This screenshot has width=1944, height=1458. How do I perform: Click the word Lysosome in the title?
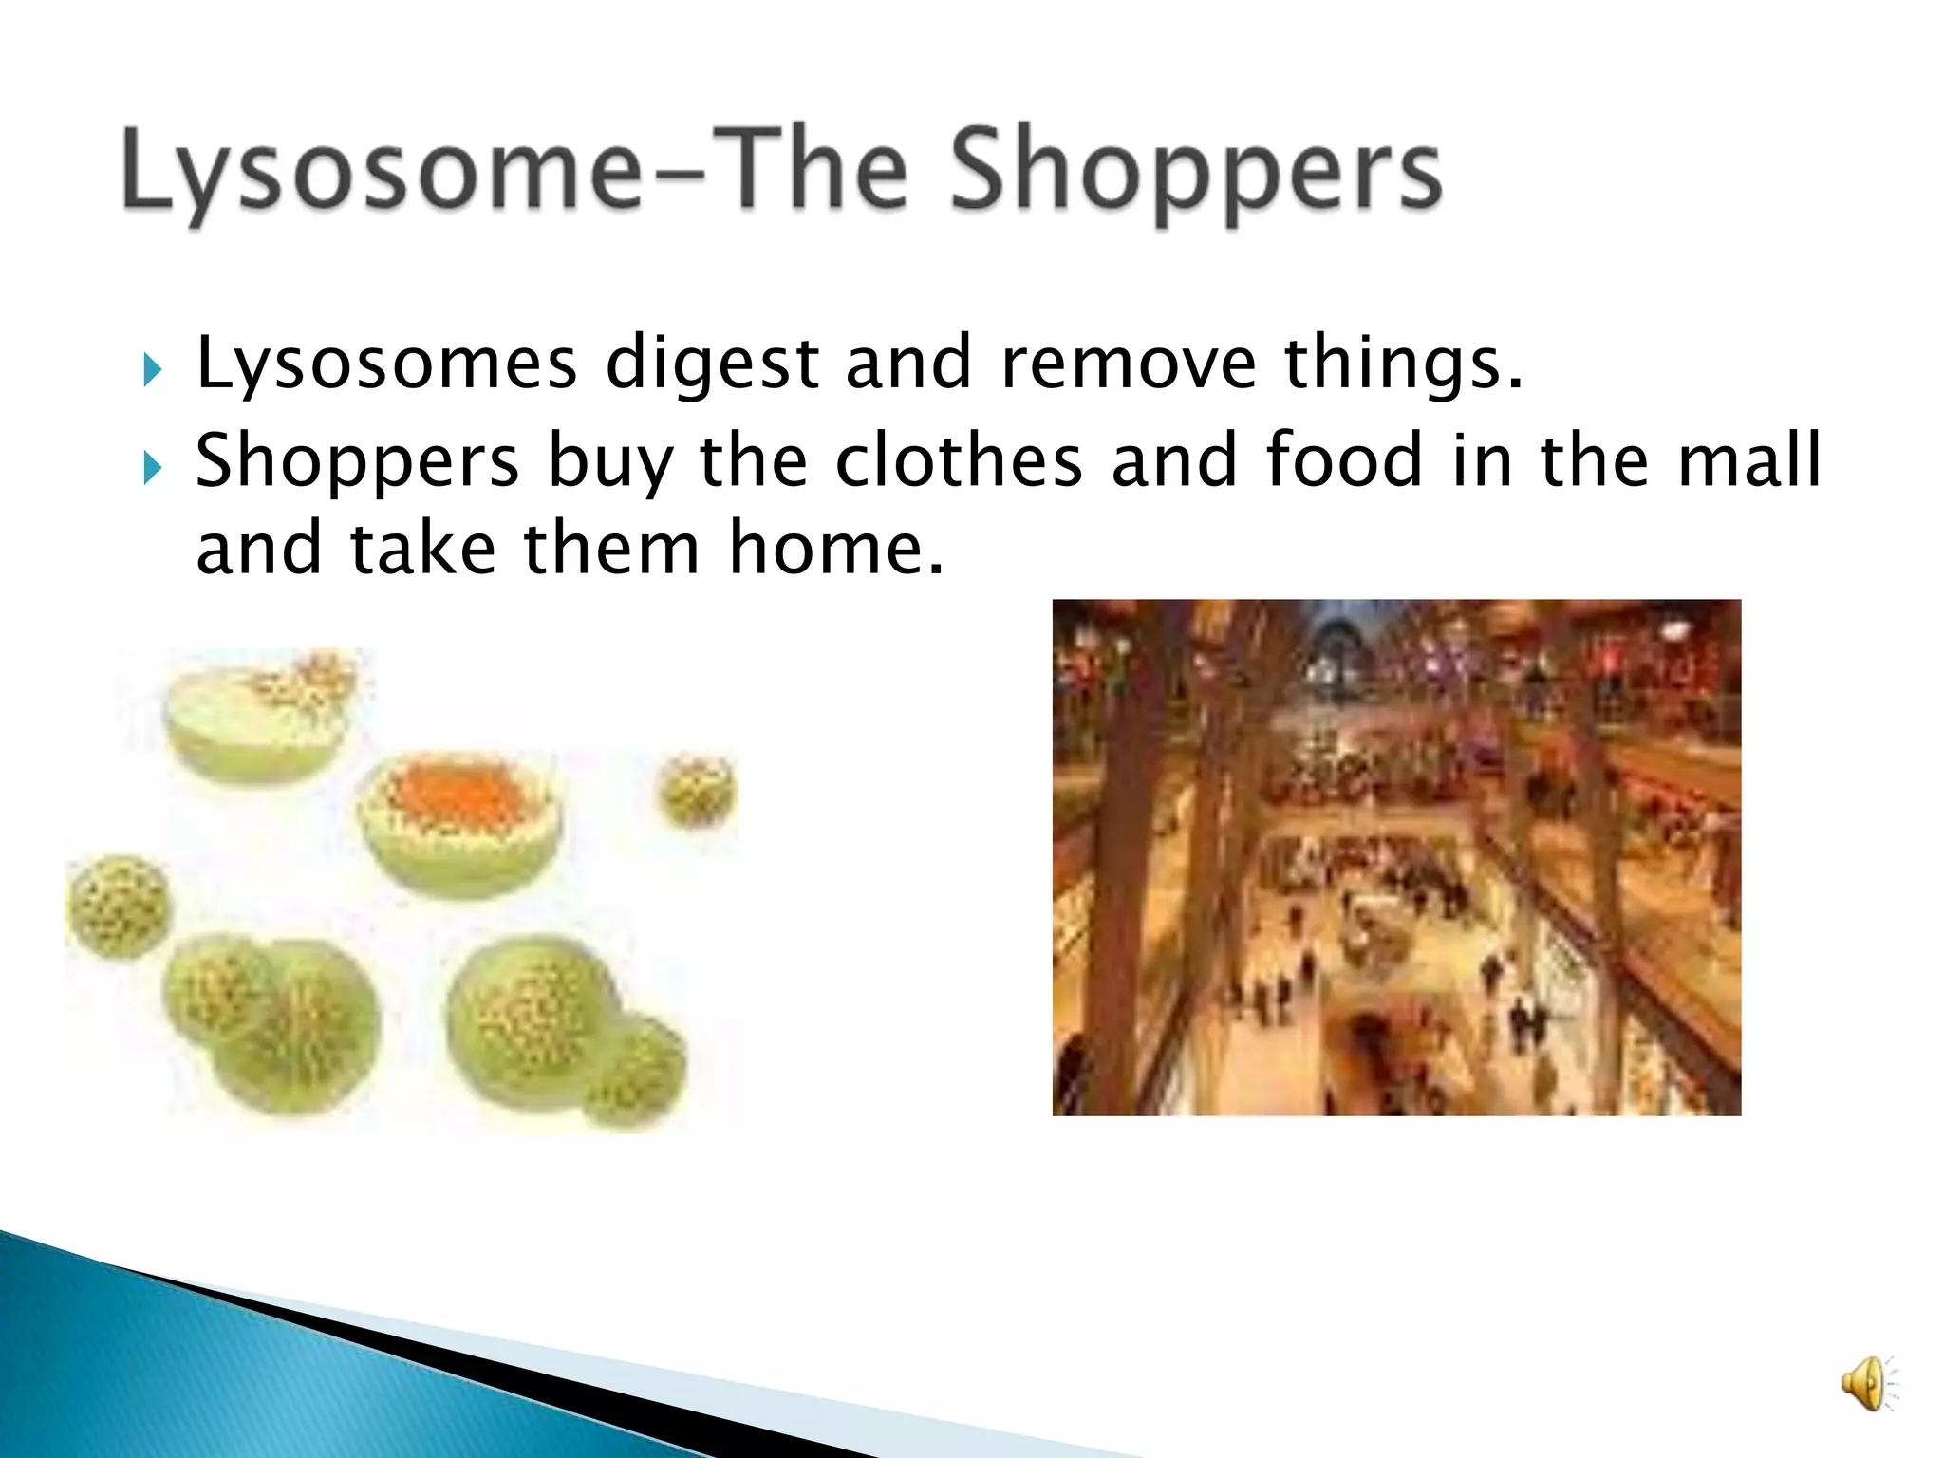(380, 171)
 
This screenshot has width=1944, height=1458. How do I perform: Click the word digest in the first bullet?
(712, 364)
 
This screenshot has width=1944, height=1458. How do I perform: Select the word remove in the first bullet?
(1129, 364)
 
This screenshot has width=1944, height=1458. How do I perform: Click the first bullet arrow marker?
(154, 370)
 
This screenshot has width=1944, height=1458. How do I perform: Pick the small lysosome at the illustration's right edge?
(699, 790)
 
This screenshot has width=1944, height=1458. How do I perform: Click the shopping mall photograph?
(1395, 856)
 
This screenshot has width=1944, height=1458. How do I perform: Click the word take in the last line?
(422, 551)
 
